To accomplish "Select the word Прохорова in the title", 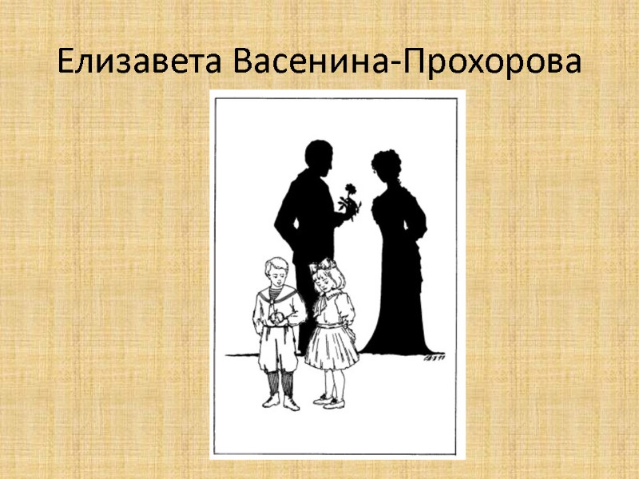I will point(494,61).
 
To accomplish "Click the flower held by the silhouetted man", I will point(349,194).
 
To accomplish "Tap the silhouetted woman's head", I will point(387,166).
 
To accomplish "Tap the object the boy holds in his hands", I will point(274,318).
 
